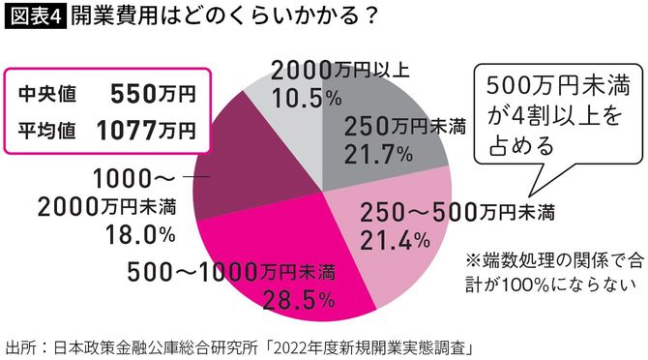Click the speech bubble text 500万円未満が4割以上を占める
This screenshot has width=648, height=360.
[x=552, y=112]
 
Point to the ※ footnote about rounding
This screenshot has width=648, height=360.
[x=551, y=270]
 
